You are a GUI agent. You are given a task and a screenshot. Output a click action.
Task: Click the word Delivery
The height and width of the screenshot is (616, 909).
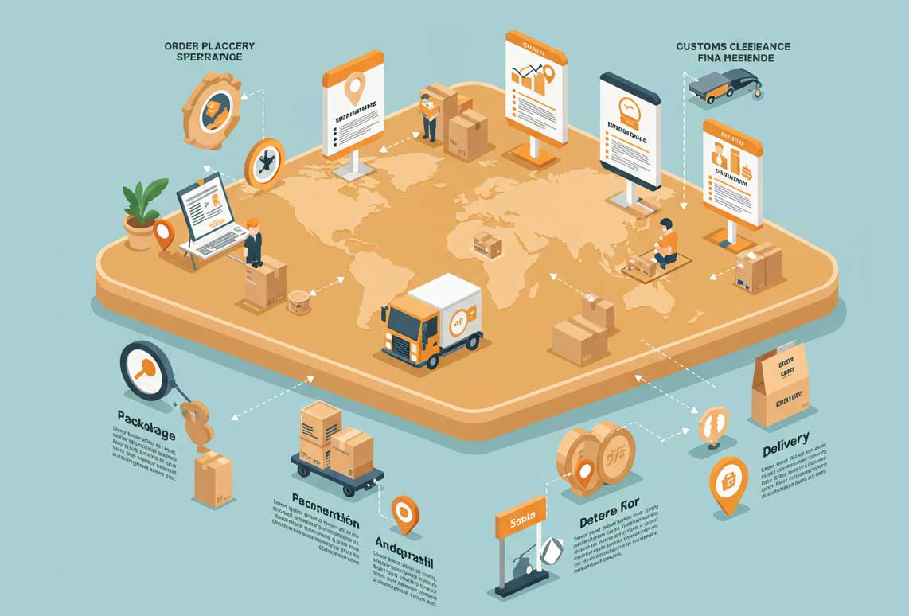(x=786, y=445)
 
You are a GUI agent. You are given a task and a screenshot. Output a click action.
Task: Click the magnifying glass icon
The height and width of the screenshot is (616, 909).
(x=148, y=370)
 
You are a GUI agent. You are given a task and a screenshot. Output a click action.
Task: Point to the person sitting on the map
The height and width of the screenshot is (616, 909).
(x=665, y=244)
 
